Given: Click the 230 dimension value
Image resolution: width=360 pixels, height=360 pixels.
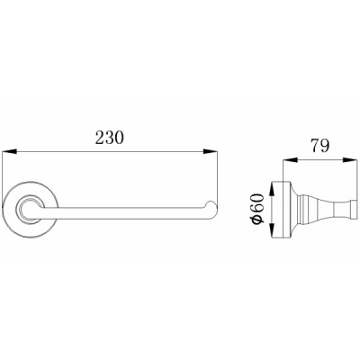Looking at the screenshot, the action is click(x=110, y=138).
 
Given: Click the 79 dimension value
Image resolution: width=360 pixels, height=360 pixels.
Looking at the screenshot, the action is click(x=320, y=146).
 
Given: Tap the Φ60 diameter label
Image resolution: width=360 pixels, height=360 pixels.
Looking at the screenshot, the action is click(x=257, y=208).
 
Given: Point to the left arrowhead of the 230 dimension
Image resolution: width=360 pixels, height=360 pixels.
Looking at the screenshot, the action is click(x=9, y=152).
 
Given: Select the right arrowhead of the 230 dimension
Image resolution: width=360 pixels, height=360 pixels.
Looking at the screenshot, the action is click(x=210, y=152).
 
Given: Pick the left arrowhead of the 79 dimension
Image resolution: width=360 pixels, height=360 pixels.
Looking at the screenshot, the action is click(x=290, y=160).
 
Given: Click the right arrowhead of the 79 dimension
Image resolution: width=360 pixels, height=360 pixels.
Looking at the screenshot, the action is click(x=350, y=160).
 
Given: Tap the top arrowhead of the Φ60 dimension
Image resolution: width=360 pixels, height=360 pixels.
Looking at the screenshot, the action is click(x=272, y=189).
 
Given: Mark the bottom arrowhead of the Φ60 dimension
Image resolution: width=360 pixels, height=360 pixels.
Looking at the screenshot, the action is click(x=272, y=229).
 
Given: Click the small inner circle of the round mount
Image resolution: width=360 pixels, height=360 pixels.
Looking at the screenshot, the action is click(x=29, y=210).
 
